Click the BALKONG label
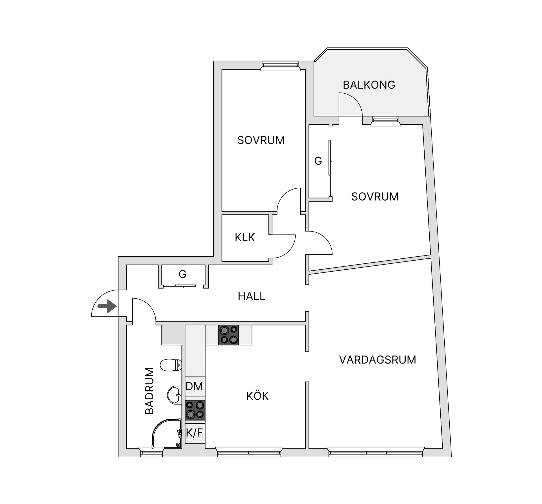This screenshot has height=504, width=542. coord(369,85)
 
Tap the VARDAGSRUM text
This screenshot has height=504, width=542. coord(377,360)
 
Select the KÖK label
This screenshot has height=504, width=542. coord(257,396)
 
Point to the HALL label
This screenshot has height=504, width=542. coord(251,296)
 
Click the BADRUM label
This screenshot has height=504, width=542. coord(150,391)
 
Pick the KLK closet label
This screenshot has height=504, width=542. coord(245,237)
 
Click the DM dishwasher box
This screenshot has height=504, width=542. coord(194,386)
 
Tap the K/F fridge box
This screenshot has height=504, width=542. coord(194,432)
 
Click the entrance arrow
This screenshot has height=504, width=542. coord(107,306)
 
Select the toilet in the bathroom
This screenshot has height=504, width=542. coord(171,365)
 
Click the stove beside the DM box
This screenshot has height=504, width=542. coord(195,410)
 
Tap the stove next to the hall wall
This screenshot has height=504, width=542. coord(228,335)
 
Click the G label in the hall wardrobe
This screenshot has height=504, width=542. coord(183,274)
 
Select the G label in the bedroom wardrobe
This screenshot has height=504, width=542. coord(318,161)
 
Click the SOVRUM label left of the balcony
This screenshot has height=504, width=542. coord(261,140)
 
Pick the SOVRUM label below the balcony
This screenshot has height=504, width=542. coord(375,197)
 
